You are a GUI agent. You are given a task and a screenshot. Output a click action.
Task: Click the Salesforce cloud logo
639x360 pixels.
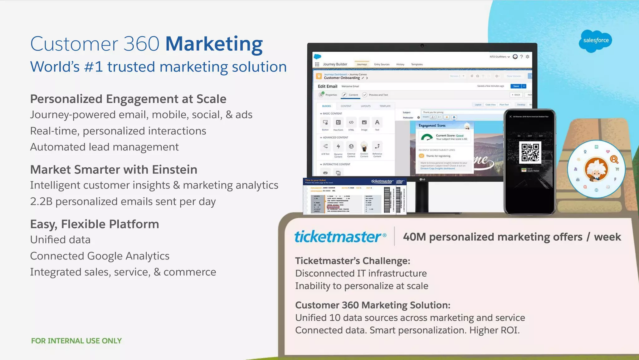tap(596, 41)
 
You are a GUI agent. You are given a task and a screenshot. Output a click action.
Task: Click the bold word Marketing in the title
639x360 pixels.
tap(214, 44)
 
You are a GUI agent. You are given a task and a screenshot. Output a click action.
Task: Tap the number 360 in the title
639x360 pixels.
tap(141, 44)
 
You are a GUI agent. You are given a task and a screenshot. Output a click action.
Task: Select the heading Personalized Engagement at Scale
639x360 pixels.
tap(128, 99)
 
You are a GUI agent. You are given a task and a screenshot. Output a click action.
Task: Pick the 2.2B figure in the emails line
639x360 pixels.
tap(41, 202)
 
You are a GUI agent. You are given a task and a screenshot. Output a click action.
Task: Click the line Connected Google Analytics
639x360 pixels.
tap(100, 256)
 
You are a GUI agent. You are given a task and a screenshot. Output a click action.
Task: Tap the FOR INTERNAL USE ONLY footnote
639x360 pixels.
tap(76, 341)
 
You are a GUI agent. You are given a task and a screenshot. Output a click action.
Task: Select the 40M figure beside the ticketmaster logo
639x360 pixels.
tap(414, 237)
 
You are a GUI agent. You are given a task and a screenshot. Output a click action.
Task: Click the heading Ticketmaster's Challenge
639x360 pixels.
tap(352, 261)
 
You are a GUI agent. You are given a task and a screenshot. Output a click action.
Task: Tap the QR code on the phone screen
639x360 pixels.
tap(530, 152)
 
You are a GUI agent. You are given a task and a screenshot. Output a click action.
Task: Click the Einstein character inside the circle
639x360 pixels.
tap(596, 169)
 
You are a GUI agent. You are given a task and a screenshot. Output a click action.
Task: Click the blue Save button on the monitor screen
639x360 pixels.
tap(516, 86)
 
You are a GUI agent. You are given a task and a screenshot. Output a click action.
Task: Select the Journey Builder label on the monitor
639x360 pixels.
tap(335, 64)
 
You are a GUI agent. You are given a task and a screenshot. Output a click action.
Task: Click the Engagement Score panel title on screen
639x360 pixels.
tap(432, 126)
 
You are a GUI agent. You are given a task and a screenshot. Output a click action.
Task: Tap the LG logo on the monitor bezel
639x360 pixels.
tap(422, 179)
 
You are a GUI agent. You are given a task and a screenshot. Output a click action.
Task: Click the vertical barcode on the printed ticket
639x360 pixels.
tap(387, 200)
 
